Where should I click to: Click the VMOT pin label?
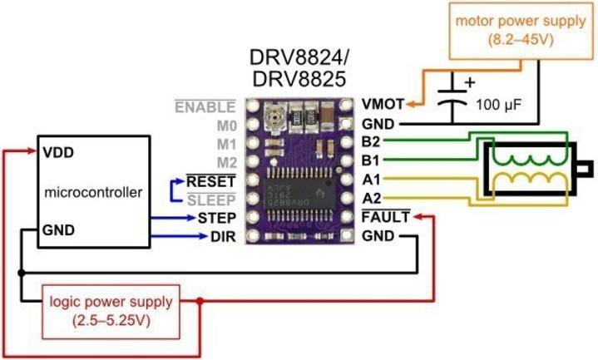pyautogui.click(x=383, y=105)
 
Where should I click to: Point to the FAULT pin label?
pyautogui.click(x=385, y=218)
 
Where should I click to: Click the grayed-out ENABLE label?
pyautogui.click(x=205, y=106)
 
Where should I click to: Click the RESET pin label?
pyautogui.click(x=211, y=180)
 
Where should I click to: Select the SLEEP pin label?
pyautogui.click(x=212, y=200)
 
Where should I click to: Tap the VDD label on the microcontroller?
pyautogui.click(x=55, y=153)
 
